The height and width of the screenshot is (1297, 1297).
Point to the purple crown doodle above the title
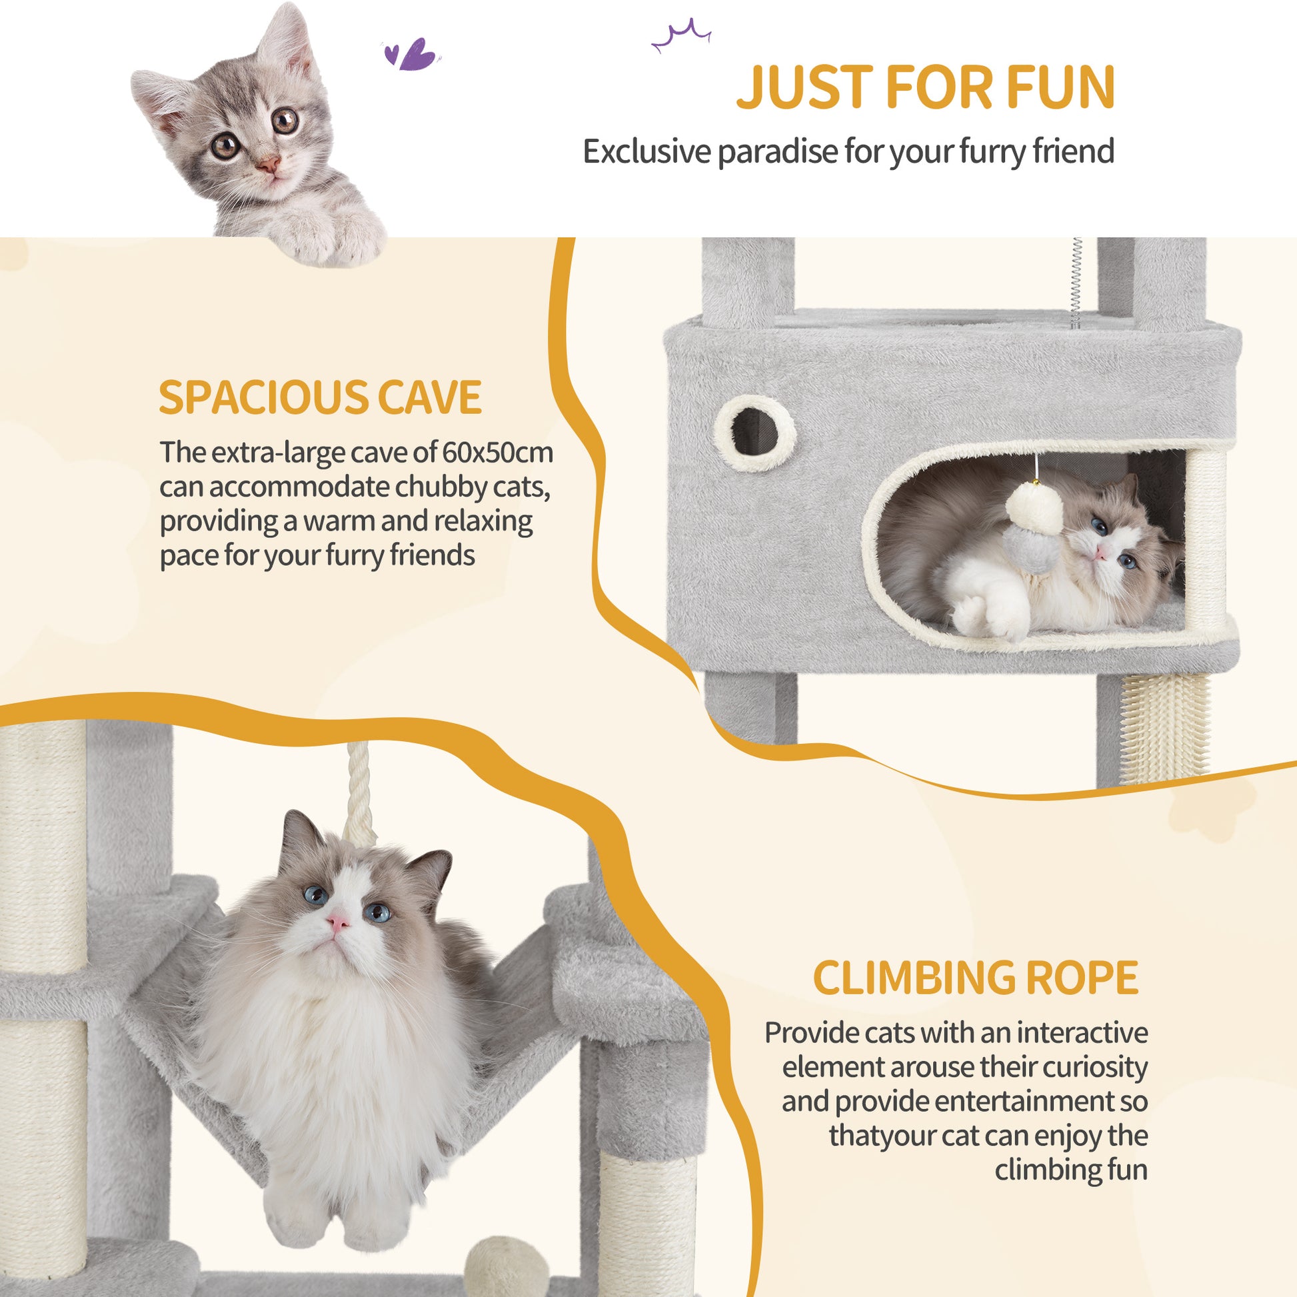(x=681, y=36)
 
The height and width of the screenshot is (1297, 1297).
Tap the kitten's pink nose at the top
(x=269, y=163)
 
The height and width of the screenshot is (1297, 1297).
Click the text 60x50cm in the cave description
(x=497, y=453)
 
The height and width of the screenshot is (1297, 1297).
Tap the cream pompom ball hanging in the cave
(x=1034, y=511)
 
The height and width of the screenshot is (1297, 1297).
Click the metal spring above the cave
(x=1076, y=282)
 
